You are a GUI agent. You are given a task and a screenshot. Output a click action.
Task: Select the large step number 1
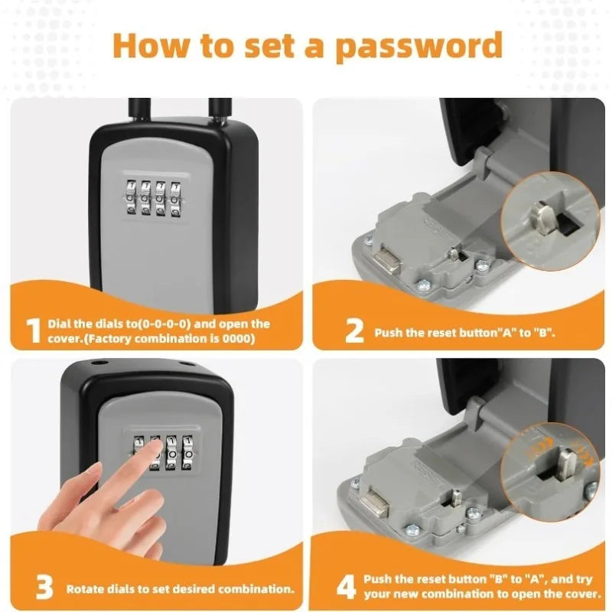pos(33,330)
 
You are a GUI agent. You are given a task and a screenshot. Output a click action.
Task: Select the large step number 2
pos(353,332)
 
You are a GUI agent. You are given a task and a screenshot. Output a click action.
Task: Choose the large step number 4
pos(347,588)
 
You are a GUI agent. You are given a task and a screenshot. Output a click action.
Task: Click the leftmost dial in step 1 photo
pos(132,198)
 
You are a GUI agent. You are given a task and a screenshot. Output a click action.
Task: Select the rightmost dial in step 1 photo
pos(177,198)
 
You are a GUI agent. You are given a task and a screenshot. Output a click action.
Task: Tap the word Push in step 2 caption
pos(389,334)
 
